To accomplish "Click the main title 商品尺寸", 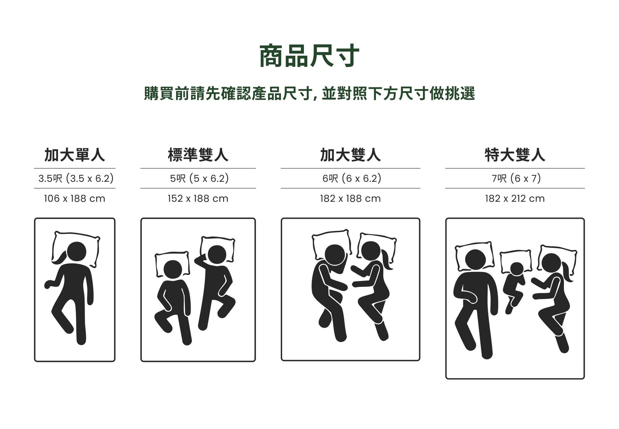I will pos(309,56).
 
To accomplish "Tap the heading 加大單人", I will pos(74,155).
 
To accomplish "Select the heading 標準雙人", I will pos(198,155).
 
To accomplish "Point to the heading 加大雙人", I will pos(350,155).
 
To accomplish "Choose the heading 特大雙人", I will pos(515,155).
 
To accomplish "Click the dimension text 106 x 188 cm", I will pos(74,199).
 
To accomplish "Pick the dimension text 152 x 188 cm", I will pos(198,199).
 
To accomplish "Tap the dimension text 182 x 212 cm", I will pos(515,199).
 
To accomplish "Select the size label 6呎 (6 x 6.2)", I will pos(352,178).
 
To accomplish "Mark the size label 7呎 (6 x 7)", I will pos(516,178).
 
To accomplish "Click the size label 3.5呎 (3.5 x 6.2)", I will pos(76,178).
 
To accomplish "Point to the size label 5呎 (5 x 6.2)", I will pos(199,178).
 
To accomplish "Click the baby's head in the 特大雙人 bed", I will pos(517,269).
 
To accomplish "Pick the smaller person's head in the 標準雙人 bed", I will pos(173,269).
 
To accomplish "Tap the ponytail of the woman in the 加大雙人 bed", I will pos(387,261).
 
